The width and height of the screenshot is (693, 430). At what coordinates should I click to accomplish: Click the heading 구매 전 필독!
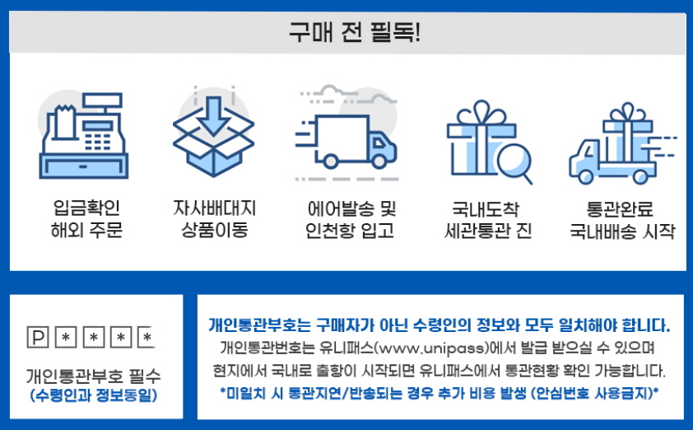coord(346,34)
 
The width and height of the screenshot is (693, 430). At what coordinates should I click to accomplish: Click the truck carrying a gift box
coord(621,147)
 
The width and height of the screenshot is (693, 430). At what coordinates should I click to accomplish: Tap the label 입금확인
coord(86,207)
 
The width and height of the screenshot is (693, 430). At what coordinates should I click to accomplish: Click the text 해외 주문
coord(86,230)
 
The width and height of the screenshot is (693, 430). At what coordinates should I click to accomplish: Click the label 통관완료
coord(622,207)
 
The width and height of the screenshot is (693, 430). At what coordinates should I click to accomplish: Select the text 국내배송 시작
coord(622,230)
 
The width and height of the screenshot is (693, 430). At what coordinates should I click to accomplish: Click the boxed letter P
coord(37,337)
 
